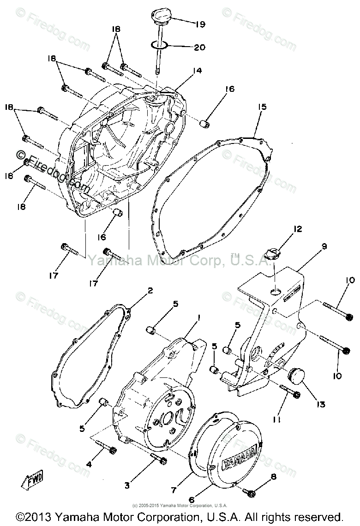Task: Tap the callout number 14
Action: tap(197, 71)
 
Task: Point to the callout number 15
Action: tap(262, 107)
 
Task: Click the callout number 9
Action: tap(324, 247)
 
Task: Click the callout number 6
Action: tap(192, 499)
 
